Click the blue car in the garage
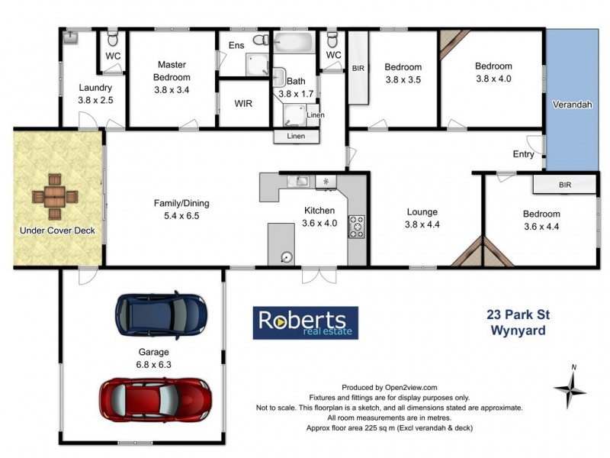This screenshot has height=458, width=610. [161, 313]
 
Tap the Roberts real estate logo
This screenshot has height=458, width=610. [305, 323]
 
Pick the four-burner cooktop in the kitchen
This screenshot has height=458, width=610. [356, 226]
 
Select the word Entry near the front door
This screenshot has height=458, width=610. [523, 154]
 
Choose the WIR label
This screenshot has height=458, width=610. [242, 104]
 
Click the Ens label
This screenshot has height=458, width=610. [236, 46]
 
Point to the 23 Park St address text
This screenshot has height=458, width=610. [515, 314]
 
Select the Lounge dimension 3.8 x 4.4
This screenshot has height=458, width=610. [422, 224]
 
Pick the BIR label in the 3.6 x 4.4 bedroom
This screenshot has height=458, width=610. [565, 185]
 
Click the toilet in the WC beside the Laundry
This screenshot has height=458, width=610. [111, 37]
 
